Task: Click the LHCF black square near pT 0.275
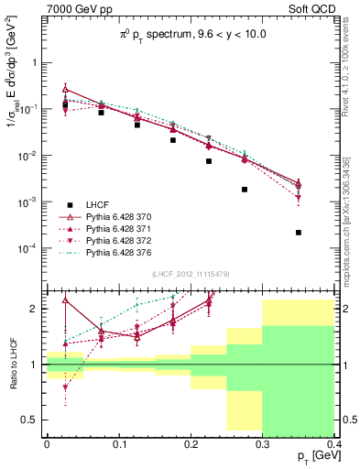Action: pyautogui.click(x=245, y=190)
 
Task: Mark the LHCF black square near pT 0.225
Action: pyautogui.click(x=209, y=161)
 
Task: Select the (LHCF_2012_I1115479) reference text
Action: pyautogui.click(x=190, y=274)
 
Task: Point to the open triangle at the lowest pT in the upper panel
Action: pyautogui.click(x=65, y=89)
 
